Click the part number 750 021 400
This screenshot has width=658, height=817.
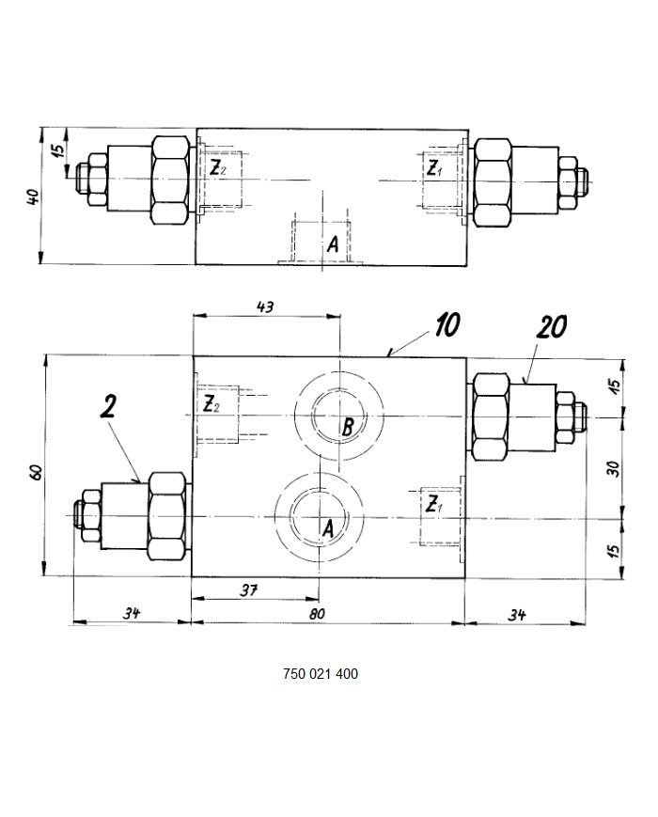click(x=320, y=674)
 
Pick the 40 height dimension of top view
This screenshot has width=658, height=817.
click(x=34, y=197)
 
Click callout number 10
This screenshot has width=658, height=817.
click(x=446, y=325)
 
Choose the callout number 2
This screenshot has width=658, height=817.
click(x=108, y=406)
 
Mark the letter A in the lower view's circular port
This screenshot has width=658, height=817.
click(x=328, y=529)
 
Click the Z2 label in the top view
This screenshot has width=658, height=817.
click(x=216, y=169)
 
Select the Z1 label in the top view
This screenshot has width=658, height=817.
click(x=433, y=169)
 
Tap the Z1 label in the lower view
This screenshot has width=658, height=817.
click(x=433, y=505)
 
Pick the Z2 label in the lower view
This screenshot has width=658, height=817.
click(x=211, y=406)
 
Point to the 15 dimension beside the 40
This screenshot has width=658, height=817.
click(x=58, y=149)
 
